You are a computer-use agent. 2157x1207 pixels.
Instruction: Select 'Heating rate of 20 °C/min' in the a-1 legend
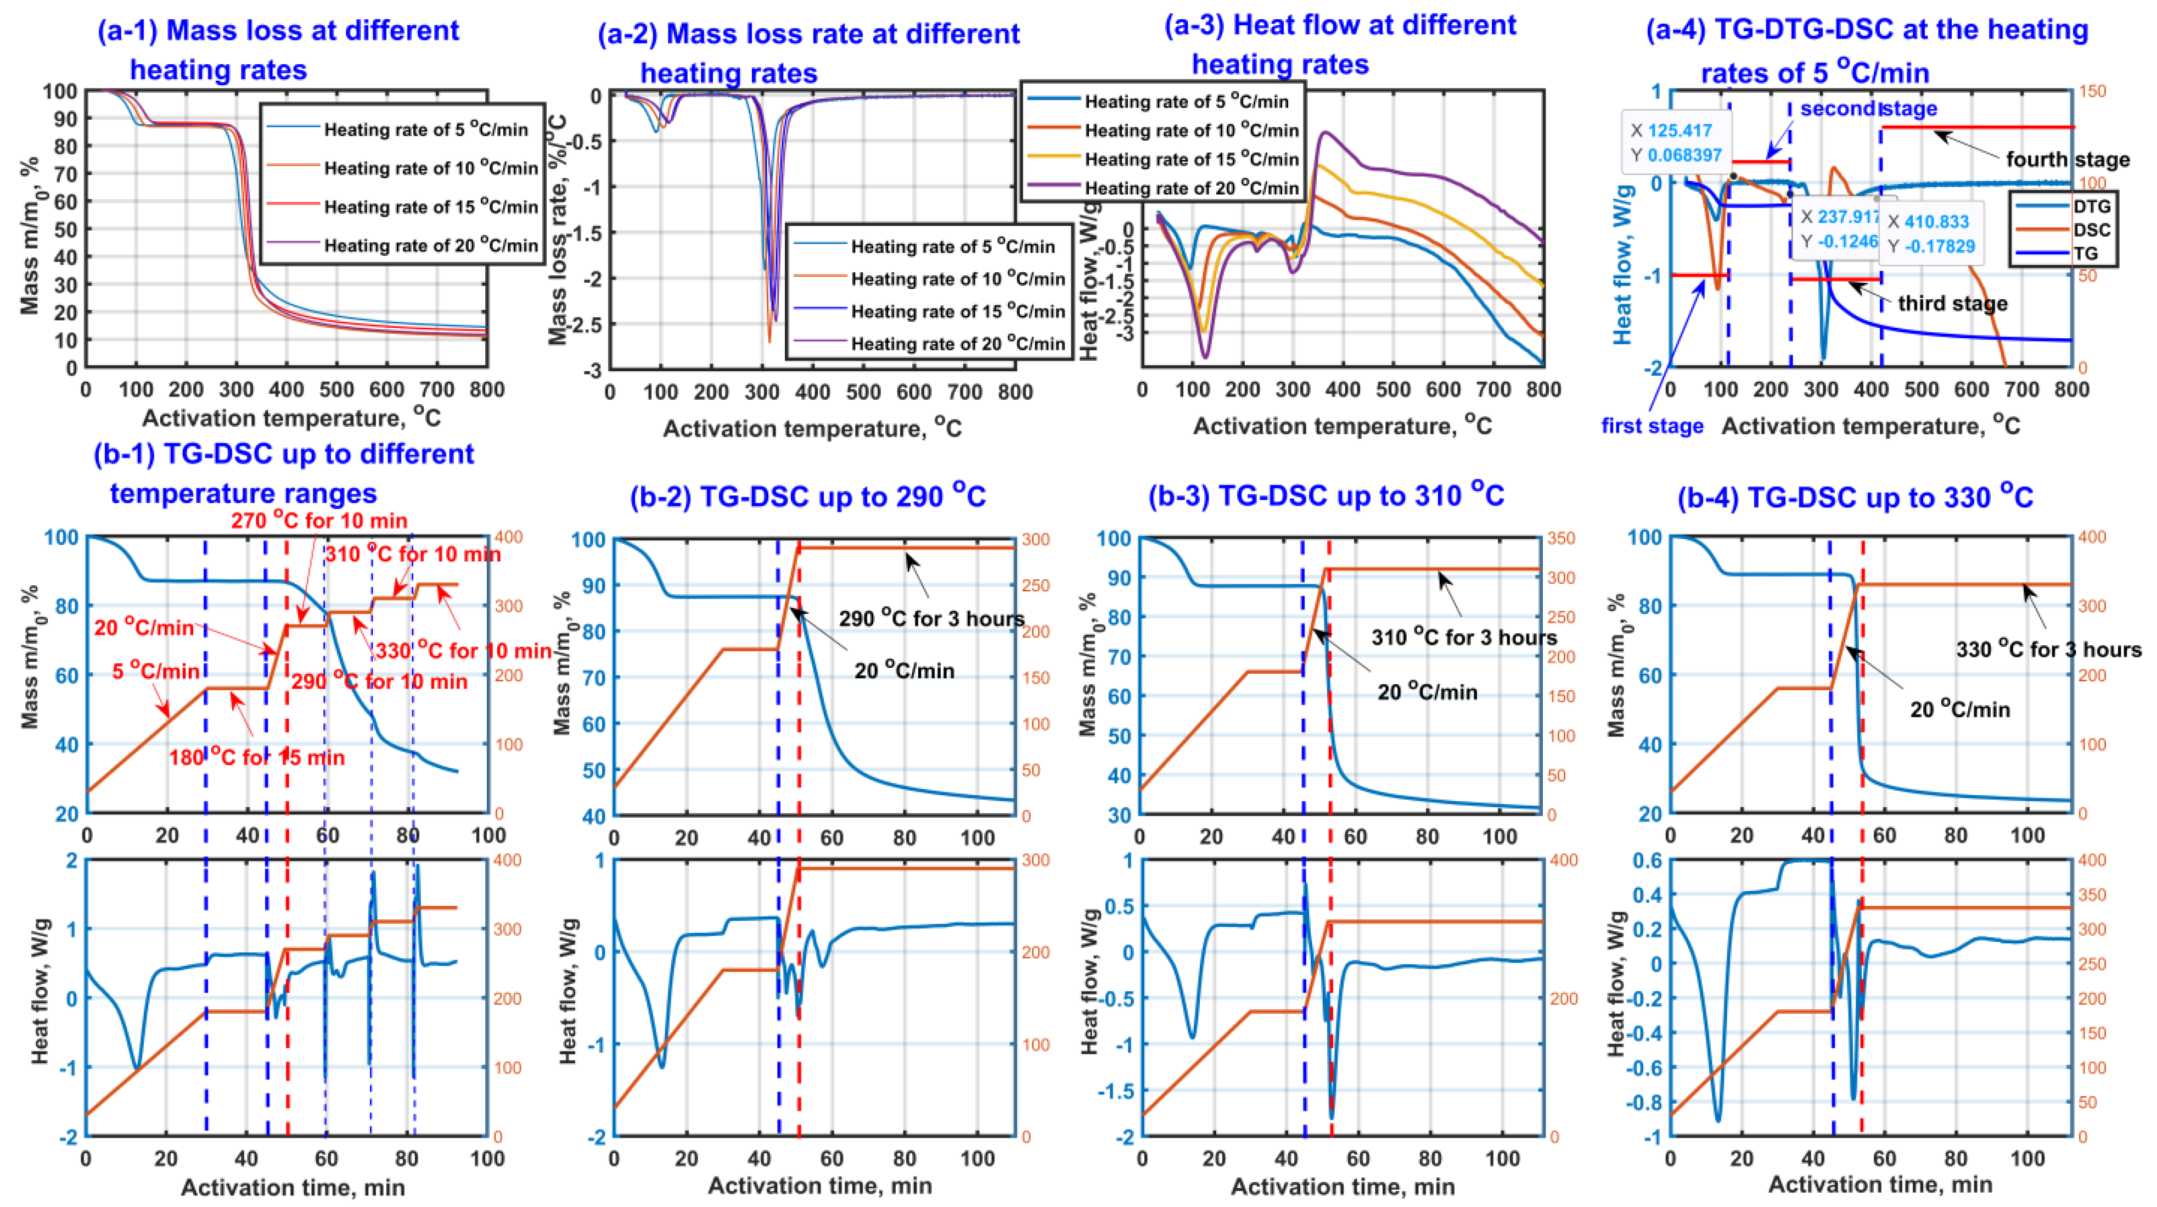click(430, 245)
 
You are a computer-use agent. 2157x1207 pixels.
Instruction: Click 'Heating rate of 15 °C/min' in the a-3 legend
click(1190, 159)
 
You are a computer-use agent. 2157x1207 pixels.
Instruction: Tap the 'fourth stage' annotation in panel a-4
click(2066, 159)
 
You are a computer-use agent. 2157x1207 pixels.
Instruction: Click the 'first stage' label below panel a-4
click(1652, 426)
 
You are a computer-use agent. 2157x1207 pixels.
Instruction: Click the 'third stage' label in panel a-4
click(1952, 303)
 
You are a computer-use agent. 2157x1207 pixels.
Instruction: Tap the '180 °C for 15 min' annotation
click(256, 757)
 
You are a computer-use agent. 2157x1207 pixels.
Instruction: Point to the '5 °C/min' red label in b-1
click(156, 671)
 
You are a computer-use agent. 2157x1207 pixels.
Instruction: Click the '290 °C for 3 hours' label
click(931, 619)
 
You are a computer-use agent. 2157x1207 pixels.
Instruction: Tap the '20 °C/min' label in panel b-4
click(1959, 709)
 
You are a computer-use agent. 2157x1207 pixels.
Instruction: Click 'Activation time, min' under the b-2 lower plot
click(820, 1185)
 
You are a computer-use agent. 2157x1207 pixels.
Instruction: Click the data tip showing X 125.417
click(1676, 142)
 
